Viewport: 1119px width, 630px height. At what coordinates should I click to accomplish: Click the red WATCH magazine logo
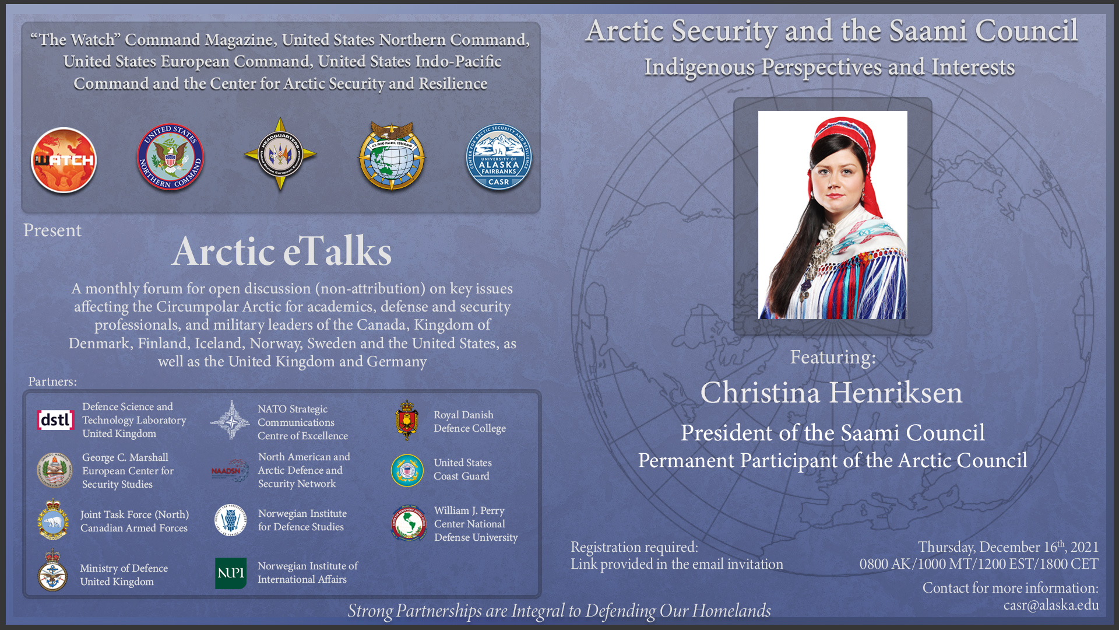[64, 160]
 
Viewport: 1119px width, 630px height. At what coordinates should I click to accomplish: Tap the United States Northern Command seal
[170, 157]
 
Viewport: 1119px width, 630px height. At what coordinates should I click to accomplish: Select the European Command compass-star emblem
[280, 155]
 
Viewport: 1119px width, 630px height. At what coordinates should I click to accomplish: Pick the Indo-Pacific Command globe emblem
[392, 156]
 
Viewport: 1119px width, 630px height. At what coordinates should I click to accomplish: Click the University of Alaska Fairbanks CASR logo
[499, 157]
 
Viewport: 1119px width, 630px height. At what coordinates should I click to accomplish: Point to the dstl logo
[55, 420]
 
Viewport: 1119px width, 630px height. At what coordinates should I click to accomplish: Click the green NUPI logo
[231, 573]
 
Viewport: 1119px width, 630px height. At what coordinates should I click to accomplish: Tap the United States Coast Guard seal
[407, 470]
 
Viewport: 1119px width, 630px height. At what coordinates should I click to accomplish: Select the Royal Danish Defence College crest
[407, 421]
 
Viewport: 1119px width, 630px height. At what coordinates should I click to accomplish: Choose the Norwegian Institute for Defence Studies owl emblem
[231, 520]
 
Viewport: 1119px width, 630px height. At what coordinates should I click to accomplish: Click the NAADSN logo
[230, 470]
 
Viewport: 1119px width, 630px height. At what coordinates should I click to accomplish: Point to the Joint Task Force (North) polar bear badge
[53, 520]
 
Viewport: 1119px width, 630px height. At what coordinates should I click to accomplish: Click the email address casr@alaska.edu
[1051, 605]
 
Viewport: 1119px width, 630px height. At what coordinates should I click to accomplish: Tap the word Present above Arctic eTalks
[52, 230]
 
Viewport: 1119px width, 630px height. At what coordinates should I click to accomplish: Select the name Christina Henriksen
[832, 393]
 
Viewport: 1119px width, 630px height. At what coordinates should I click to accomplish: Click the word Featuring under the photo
[833, 357]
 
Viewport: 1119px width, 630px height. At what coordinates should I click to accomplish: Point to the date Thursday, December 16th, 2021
[1008, 547]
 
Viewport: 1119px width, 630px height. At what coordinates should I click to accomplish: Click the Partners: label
[52, 381]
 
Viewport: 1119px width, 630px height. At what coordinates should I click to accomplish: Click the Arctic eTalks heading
[281, 251]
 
